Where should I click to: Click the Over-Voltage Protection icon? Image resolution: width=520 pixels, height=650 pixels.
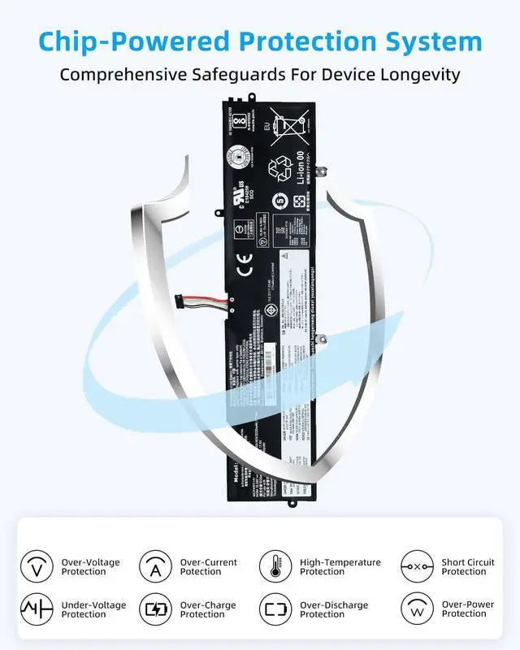[37, 566]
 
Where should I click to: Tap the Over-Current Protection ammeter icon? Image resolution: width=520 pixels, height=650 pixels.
[154, 566]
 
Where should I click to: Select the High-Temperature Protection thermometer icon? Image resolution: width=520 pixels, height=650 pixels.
[275, 566]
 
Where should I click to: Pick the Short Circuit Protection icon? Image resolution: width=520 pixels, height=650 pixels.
[417, 566]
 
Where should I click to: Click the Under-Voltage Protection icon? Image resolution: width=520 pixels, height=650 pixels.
[37, 609]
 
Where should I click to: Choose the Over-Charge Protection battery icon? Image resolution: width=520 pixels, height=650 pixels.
[154, 609]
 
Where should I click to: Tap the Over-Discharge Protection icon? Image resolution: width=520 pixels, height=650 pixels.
[275, 609]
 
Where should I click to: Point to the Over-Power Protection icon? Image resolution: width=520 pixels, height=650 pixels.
[417, 609]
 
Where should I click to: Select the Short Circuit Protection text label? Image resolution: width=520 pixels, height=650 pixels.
[468, 566]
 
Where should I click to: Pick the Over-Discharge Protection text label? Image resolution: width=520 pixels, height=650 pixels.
[334, 609]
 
